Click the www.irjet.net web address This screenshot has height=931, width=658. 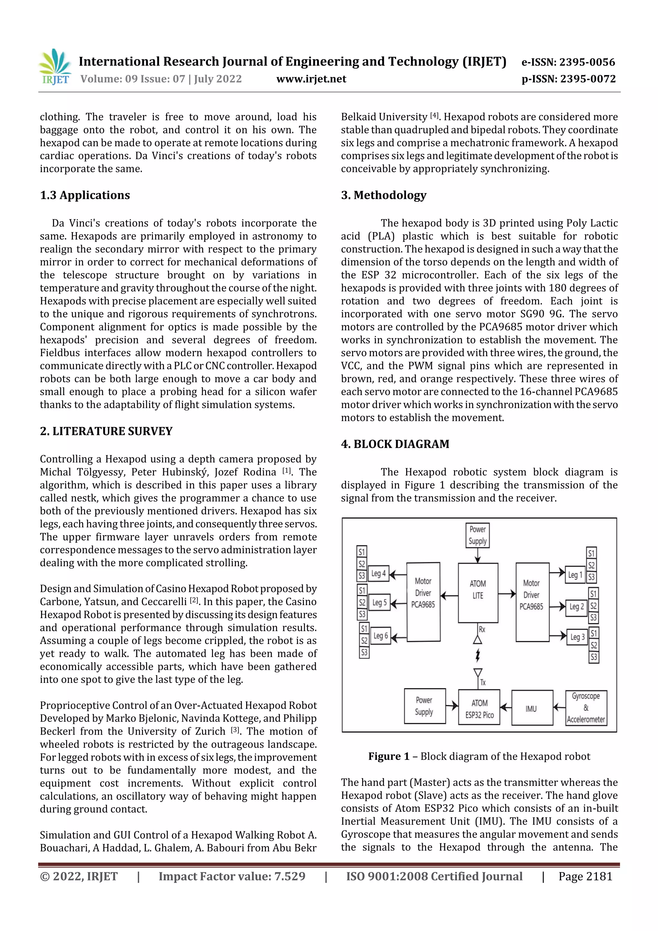(311, 79)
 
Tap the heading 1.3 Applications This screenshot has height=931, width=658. (85, 195)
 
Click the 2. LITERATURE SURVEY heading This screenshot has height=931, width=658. (106, 431)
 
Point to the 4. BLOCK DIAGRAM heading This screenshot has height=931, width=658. (395, 444)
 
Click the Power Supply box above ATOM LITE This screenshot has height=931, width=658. (477, 535)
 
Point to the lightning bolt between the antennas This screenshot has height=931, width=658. (478, 655)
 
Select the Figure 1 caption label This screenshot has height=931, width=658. (389, 756)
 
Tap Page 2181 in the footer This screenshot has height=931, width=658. (585, 877)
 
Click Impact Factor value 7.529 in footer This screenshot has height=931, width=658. (232, 877)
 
